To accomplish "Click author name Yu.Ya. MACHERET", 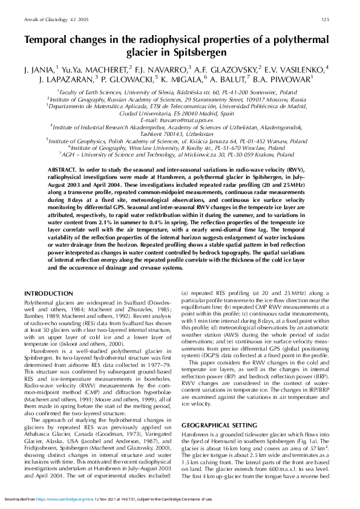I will click(99, 68).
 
